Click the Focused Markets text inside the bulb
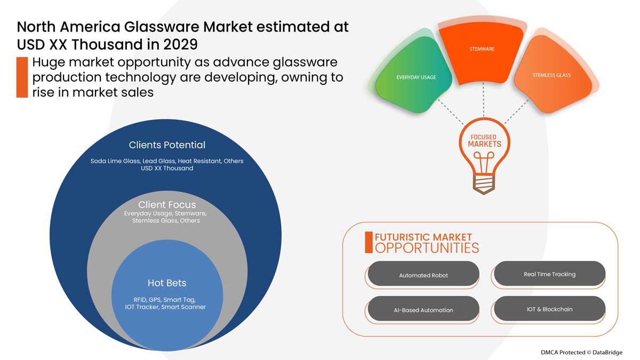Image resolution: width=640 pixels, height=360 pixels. (x=484, y=141)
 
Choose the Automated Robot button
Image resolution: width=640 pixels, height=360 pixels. (x=423, y=275)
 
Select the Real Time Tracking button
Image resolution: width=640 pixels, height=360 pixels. (x=549, y=274)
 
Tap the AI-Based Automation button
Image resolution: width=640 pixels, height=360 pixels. (x=423, y=310)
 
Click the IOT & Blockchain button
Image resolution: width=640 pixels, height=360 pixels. (x=549, y=309)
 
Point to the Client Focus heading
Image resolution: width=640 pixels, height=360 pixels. (x=167, y=205)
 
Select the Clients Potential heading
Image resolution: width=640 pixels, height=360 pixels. (x=167, y=145)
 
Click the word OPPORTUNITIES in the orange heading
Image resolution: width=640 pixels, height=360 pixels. (x=427, y=248)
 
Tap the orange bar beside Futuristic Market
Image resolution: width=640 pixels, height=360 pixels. (x=369, y=243)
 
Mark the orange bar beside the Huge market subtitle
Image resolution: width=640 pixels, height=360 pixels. (x=22, y=77)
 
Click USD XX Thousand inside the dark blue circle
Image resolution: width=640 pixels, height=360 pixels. (x=167, y=169)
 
